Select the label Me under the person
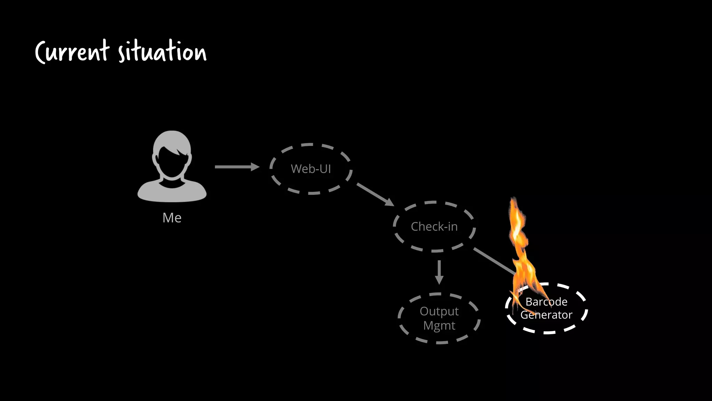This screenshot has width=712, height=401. point(172,218)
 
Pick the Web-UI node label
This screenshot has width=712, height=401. point(311,169)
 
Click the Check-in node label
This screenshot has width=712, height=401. point(434,227)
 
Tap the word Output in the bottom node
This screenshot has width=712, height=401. point(439,311)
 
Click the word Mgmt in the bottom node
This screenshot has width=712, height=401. point(439,325)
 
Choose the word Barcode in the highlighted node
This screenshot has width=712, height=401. point(546,301)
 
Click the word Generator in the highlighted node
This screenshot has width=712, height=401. point(546,315)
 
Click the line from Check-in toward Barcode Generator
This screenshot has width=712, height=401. point(494,261)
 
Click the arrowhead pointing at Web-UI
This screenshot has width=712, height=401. point(256,167)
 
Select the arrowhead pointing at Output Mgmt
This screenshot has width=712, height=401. point(439,280)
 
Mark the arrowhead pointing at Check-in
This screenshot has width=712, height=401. point(390,203)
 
